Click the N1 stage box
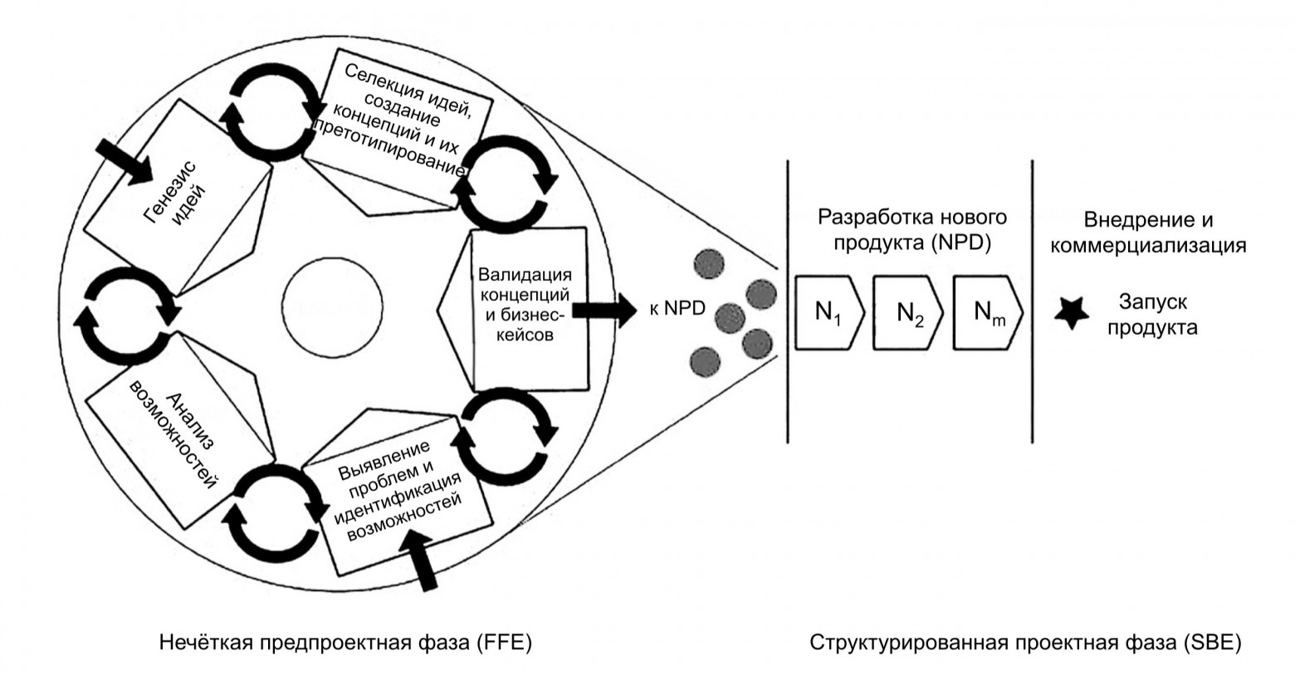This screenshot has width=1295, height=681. pos(828,313)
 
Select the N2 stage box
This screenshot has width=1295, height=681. pos(907,313)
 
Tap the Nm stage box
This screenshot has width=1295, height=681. pos(986,313)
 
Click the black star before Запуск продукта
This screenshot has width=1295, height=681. pos(1072,313)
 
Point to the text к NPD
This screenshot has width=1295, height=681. pos(677,309)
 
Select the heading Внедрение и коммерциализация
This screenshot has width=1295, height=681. pos(1148,233)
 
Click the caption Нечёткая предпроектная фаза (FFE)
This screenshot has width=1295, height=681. pos(344,644)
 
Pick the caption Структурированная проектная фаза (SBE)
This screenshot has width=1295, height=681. pos(1025,644)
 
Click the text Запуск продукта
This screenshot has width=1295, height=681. pos(1157,313)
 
